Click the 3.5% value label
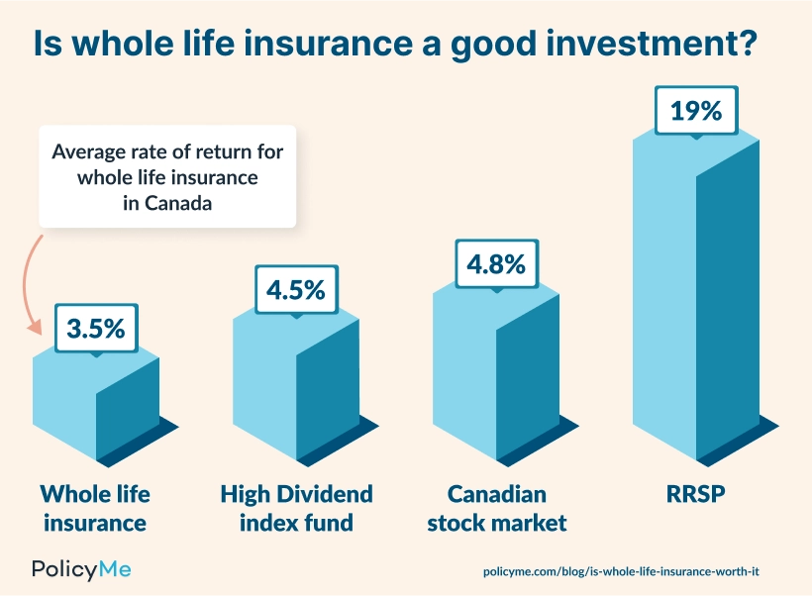(x=96, y=328)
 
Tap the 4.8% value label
(x=496, y=264)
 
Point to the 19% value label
(x=696, y=110)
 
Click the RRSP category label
(x=696, y=493)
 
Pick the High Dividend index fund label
(x=296, y=507)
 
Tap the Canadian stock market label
(x=496, y=507)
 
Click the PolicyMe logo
(x=81, y=569)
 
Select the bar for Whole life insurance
(x=96, y=406)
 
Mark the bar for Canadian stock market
(x=495, y=376)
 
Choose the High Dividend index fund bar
(x=295, y=391)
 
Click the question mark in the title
(x=766, y=47)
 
